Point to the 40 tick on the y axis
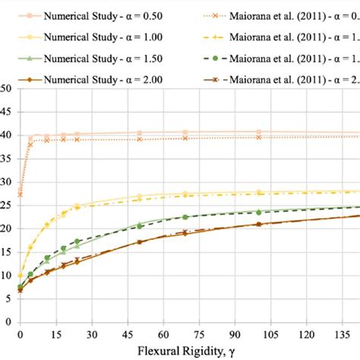[7, 135]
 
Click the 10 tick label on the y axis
[7, 276]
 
